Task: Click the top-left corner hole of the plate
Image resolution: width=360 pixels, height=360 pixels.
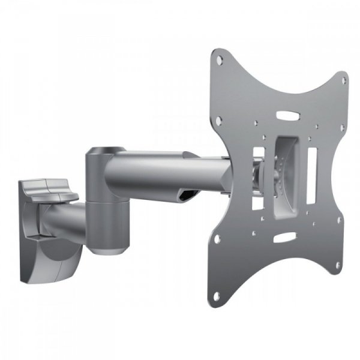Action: [220, 59]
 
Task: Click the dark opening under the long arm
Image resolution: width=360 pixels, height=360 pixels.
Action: [186, 196]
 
